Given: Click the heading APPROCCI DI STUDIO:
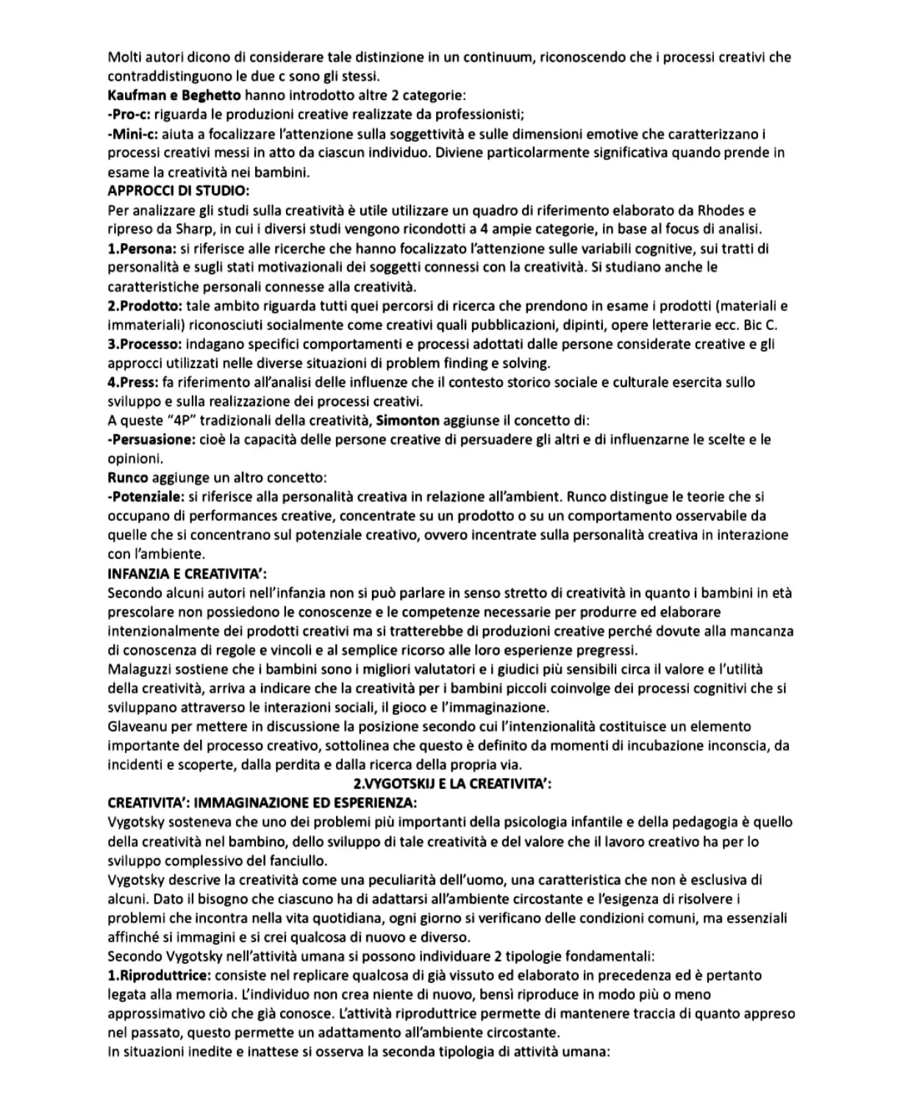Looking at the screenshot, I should (178, 191).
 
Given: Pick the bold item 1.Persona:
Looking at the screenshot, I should (142, 248).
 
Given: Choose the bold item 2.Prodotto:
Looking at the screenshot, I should (145, 306).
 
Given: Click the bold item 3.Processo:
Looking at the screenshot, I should (145, 344).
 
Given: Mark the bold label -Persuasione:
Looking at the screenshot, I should (151, 439).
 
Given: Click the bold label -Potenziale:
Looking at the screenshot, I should (146, 497).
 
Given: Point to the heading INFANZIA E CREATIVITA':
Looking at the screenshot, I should (191, 573).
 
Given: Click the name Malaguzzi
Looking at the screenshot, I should (137, 669).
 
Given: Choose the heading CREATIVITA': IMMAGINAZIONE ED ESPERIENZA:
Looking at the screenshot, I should (262, 803).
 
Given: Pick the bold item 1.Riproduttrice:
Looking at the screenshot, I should (159, 975).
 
